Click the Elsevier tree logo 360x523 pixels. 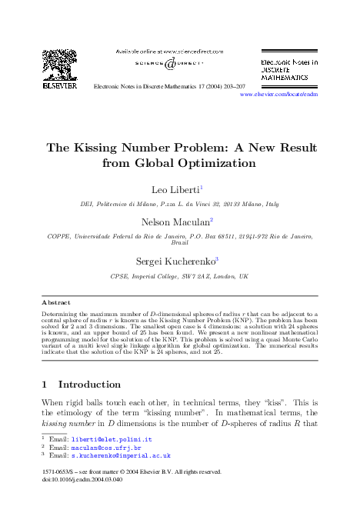pyautogui.click(x=59, y=67)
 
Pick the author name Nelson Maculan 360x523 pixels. pyautogui.click(x=176, y=222)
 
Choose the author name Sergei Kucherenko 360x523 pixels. pyautogui.click(x=176, y=261)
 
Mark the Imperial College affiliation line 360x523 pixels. pyautogui.click(x=179, y=275)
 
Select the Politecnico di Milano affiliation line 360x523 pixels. pyautogui.click(x=179, y=205)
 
